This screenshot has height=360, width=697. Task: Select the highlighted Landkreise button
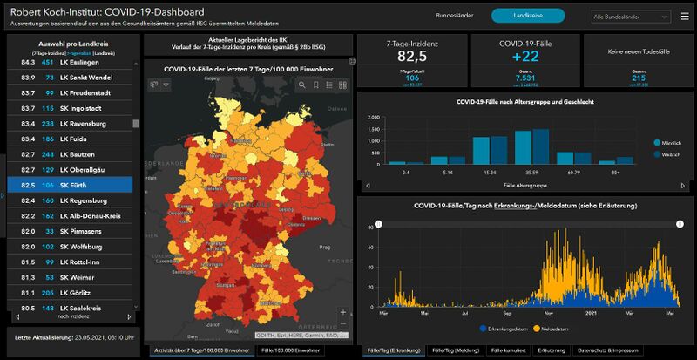coord(528,16)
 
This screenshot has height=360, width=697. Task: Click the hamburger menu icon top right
coord(684,16)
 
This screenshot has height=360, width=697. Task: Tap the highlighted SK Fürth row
coord(78,185)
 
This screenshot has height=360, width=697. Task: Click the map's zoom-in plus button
coord(343,312)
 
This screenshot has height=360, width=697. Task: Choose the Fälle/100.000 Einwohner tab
coord(291,350)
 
